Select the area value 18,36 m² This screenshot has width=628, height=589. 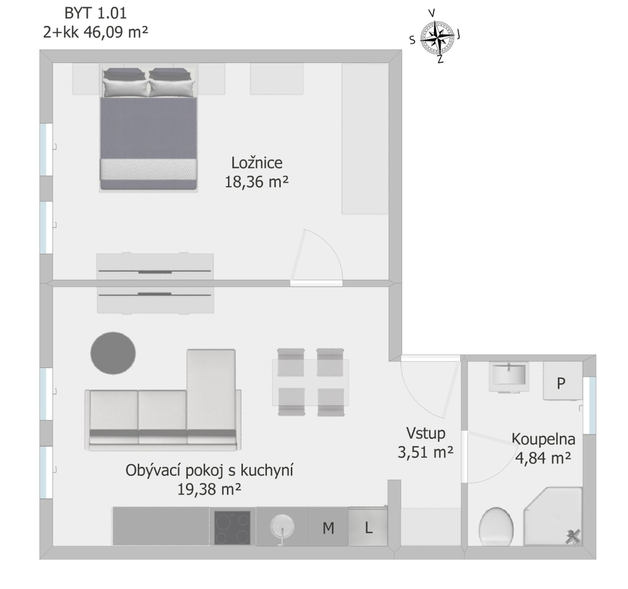(x=256, y=182)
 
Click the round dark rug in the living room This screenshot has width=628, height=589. (x=113, y=353)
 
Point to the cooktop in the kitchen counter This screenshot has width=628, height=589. (x=232, y=527)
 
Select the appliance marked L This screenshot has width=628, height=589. (x=368, y=526)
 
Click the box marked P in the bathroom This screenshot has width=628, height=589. (x=562, y=381)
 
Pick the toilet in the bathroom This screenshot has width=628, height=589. (x=496, y=526)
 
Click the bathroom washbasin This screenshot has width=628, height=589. (x=509, y=377)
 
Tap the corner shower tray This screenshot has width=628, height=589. (x=553, y=516)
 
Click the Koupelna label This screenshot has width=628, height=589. (x=543, y=439)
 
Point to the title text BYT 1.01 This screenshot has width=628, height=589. (x=95, y=13)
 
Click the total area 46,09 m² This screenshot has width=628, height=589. (x=116, y=32)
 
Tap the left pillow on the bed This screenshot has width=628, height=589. (x=125, y=86)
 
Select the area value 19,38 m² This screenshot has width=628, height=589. (x=209, y=489)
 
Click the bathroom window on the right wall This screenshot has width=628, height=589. (x=589, y=405)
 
